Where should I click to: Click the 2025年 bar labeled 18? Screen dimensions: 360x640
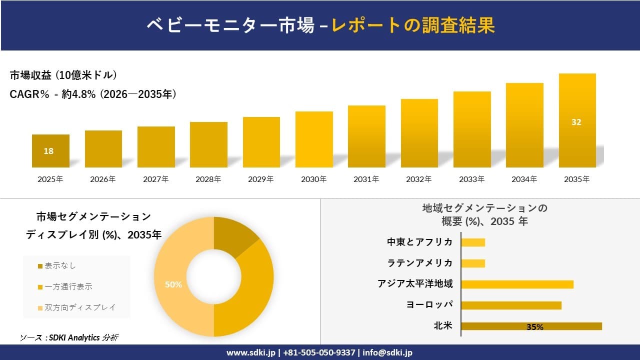(x=50, y=151)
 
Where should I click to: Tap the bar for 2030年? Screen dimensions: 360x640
(x=314, y=139)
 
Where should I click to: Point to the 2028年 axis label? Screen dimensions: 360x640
(x=208, y=179)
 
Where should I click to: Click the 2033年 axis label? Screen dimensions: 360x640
(x=471, y=179)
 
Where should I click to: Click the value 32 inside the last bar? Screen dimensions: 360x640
(x=576, y=122)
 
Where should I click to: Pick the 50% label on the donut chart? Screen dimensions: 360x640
(x=173, y=284)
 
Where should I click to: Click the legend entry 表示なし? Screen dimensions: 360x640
(x=60, y=265)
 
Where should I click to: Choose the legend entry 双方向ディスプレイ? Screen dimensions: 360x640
(x=79, y=307)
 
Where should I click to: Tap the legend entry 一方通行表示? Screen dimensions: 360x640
(x=68, y=286)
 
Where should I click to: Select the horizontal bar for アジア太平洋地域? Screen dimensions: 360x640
(x=516, y=284)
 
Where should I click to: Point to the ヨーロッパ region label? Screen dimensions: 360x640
(x=429, y=305)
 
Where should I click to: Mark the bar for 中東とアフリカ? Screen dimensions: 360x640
(x=473, y=242)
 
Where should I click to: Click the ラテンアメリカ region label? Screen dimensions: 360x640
(x=420, y=263)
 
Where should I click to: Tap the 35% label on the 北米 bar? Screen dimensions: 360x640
(x=534, y=327)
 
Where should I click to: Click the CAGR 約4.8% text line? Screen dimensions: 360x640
(x=93, y=94)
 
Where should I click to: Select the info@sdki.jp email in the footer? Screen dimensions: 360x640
(x=387, y=352)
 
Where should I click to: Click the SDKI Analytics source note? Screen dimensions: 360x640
(x=69, y=337)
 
